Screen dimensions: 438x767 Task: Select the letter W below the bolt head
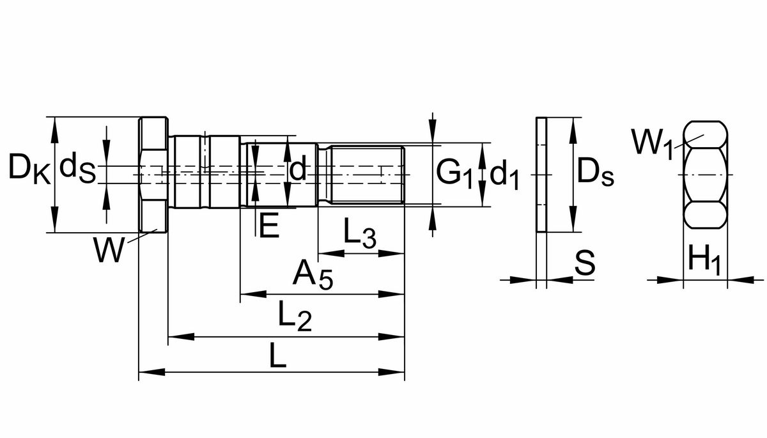[109, 250]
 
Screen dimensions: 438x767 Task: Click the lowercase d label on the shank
[298, 170]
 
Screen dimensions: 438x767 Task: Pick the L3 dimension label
[359, 235]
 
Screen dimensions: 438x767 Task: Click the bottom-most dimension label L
[277, 356]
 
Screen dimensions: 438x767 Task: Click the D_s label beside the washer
[594, 173]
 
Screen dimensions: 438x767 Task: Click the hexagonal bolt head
[153, 175]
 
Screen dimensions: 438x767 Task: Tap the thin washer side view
[541, 175]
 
